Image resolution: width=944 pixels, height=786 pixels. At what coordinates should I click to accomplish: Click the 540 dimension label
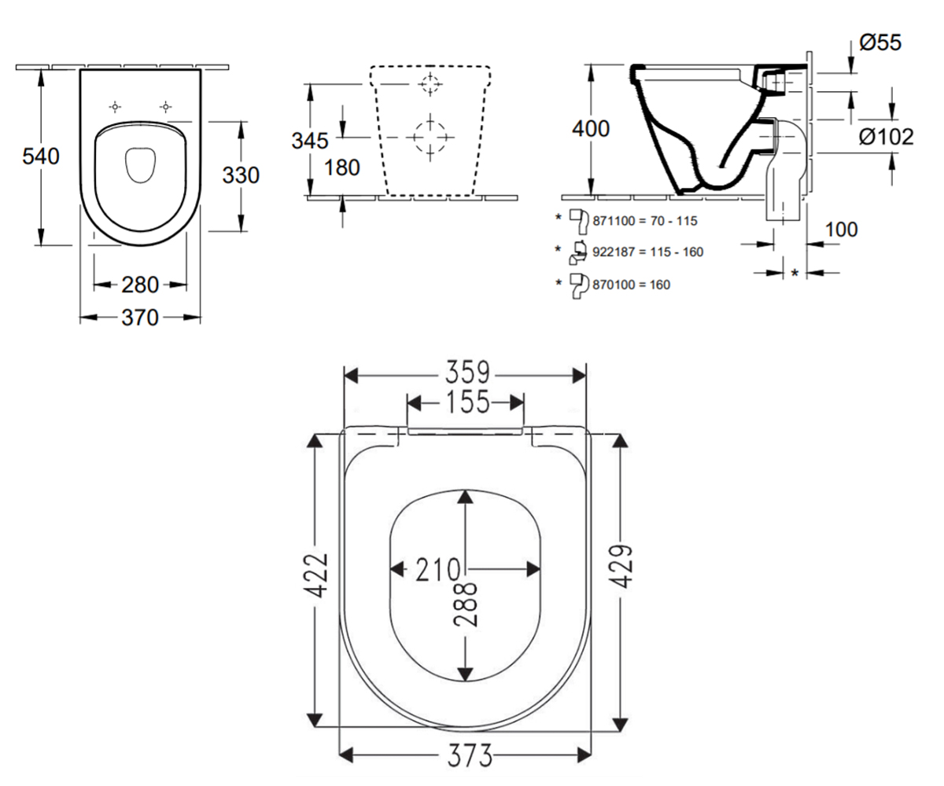click(x=41, y=156)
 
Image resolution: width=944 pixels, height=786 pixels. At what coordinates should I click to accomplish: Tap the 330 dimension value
click(x=241, y=175)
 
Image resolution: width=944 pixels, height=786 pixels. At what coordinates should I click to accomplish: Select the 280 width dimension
click(x=140, y=285)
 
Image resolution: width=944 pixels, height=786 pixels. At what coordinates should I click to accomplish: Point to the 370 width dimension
click(x=140, y=318)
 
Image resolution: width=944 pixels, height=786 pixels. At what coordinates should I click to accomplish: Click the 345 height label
click(x=310, y=141)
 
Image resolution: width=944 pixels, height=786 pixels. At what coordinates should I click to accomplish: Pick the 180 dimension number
click(x=341, y=168)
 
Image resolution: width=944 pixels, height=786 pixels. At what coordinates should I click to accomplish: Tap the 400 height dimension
click(x=591, y=129)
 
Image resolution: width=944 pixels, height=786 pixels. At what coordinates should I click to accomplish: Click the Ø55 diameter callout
click(x=880, y=43)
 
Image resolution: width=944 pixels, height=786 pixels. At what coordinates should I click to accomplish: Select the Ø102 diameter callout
click(x=886, y=137)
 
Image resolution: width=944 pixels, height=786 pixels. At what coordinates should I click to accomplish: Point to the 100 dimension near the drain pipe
click(x=842, y=230)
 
